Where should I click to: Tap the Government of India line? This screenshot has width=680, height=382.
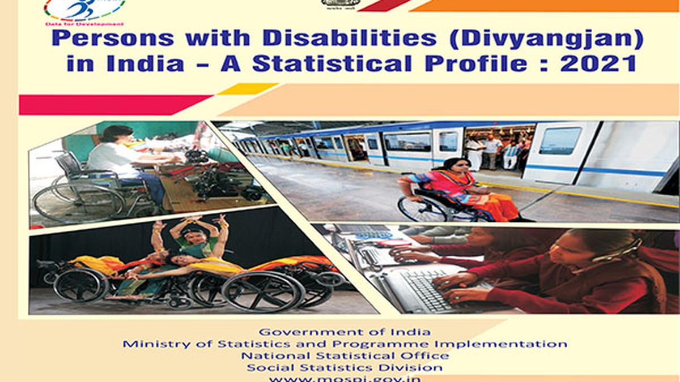(345, 332)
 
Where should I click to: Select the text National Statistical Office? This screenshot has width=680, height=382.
(345, 356)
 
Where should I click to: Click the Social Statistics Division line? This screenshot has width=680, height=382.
(345, 368)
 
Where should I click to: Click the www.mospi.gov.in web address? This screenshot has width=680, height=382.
(345, 378)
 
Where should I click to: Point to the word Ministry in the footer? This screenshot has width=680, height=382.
(149, 344)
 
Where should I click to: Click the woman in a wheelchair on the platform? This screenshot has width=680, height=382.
(453, 190)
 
